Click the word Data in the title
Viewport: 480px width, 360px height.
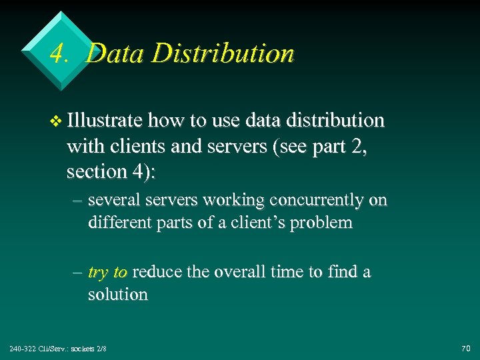(110, 53)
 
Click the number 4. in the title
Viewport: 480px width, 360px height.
(61, 53)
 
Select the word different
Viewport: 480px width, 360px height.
(120, 223)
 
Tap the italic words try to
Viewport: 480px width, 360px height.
(107, 273)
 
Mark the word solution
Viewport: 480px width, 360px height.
(118, 295)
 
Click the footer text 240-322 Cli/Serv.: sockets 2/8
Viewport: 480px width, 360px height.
(58, 348)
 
